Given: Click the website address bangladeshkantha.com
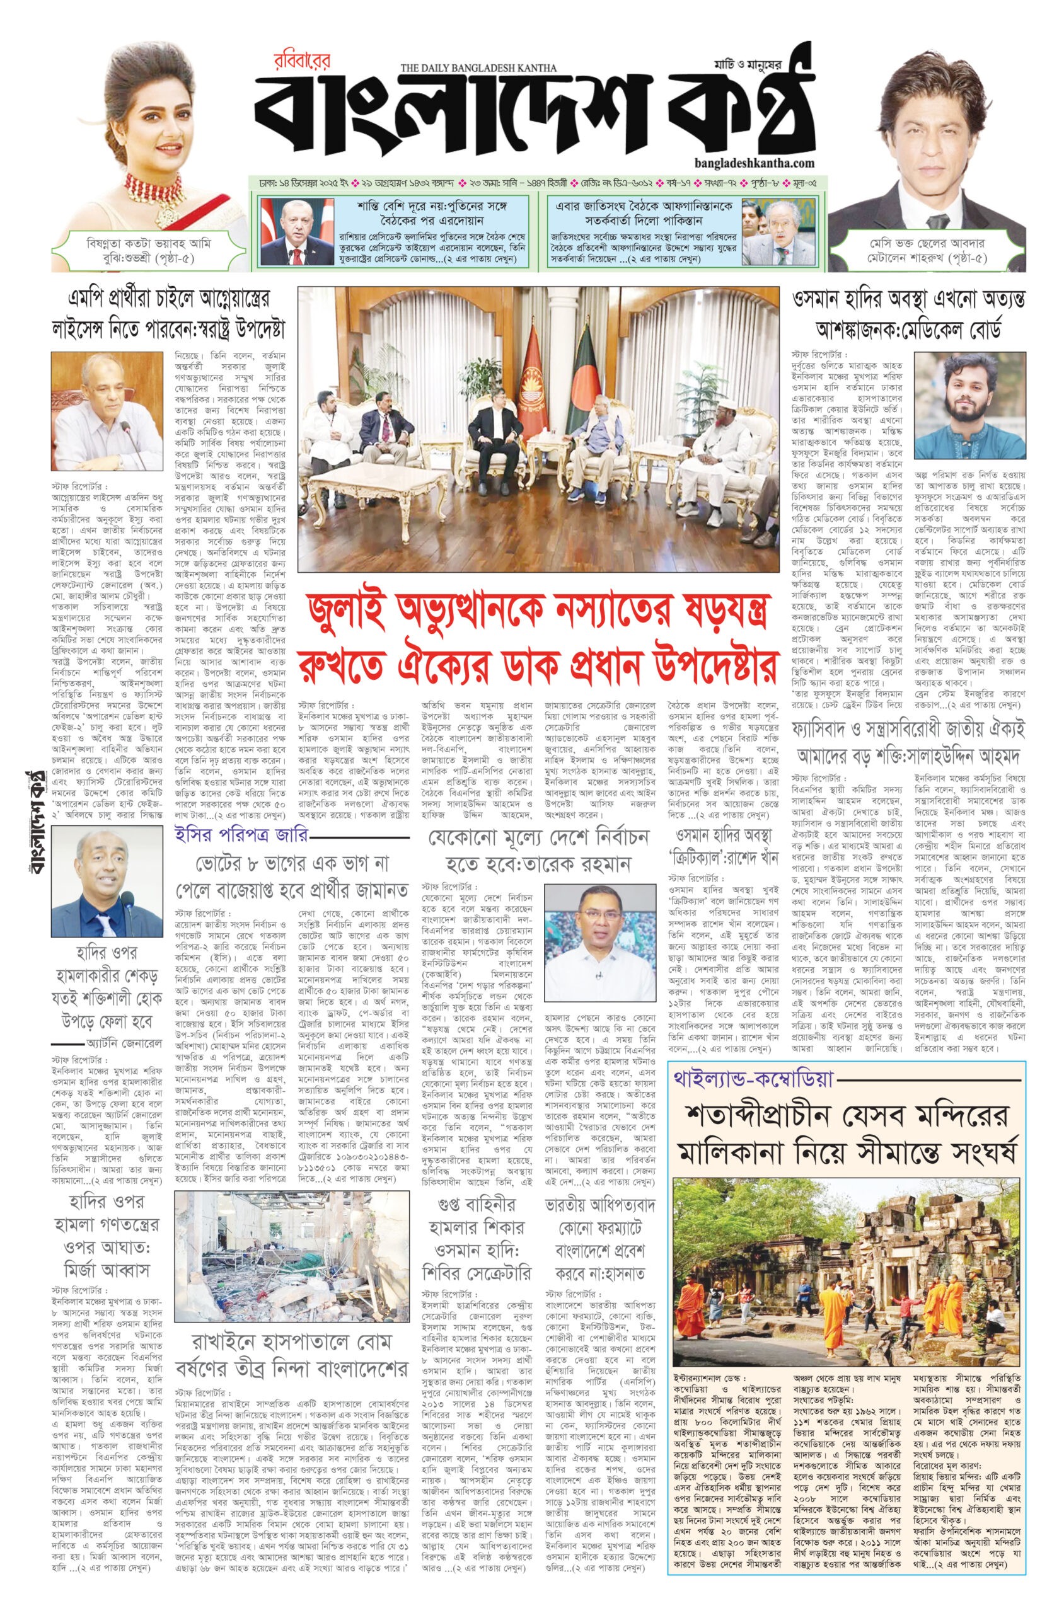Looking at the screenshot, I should pos(755,163).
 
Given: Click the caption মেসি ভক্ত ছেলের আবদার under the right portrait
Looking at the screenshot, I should pos(928,243).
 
